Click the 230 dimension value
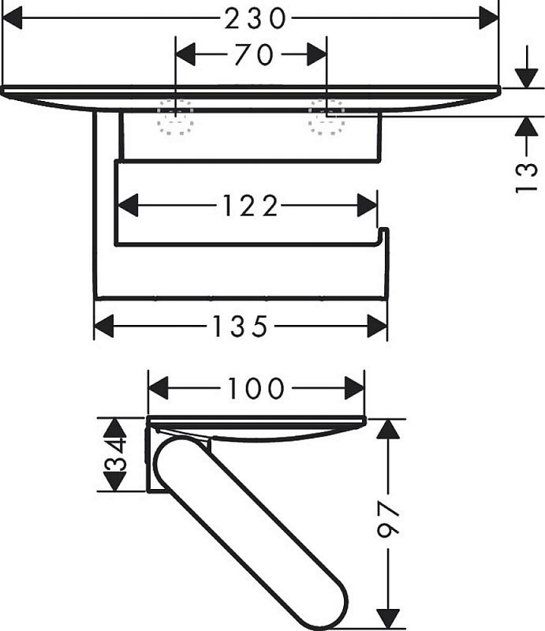click(x=255, y=19)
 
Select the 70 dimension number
click(x=254, y=54)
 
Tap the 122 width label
click(x=249, y=206)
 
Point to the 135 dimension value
click(x=240, y=326)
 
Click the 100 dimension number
click(x=256, y=388)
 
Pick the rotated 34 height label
click(x=115, y=455)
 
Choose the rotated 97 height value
click(x=388, y=519)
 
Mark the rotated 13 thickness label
click(x=527, y=177)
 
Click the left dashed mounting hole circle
click(x=176, y=118)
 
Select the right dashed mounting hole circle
click(x=327, y=118)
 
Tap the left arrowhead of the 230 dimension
click(x=12, y=18)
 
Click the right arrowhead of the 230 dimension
click(x=489, y=18)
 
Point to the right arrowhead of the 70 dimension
click(x=317, y=54)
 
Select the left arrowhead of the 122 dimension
click(x=127, y=206)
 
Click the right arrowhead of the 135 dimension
click(x=377, y=326)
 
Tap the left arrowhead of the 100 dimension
click(x=159, y=388)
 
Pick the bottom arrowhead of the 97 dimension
click(x=388, y=619)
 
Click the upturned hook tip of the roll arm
click(x=384, y=230)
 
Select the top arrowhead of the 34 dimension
click(x=115, y=428)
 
